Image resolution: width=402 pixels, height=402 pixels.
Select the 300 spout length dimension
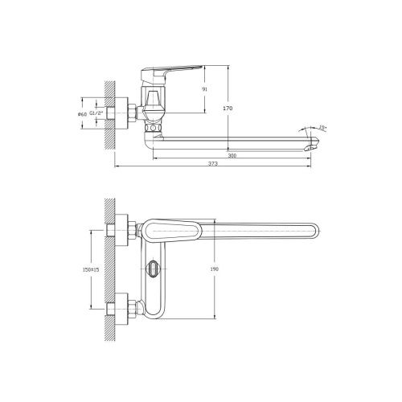point(232,155)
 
